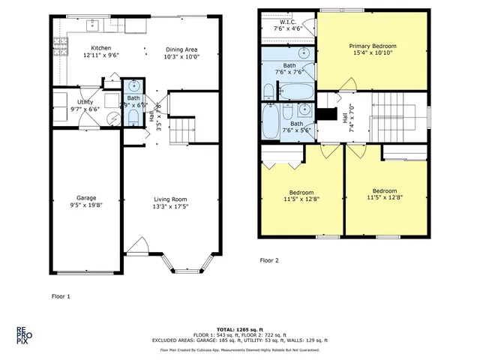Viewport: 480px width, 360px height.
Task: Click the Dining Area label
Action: pyautogui.click(x=182, y=49)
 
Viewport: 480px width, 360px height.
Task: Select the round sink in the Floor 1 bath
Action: pyautogui.click(x=133, y=85)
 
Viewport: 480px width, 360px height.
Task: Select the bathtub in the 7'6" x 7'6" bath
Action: pyautogui.click(x=295, y=92)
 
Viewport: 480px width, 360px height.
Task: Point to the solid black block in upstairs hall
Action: pyautogui.click(x=326, y=115)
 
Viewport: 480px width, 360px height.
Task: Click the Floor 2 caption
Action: pyautogui.click(x=269, y=260)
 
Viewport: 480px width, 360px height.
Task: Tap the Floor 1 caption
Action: pyautogui.click(x=61, y=296)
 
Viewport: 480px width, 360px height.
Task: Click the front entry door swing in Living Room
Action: pyautogui.click(x=137, y=247)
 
